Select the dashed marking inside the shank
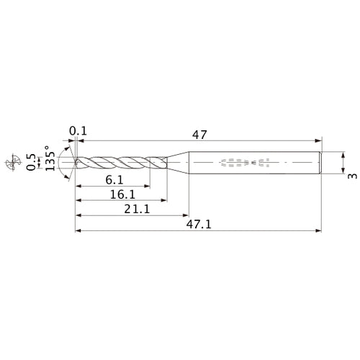pos(241,163)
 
